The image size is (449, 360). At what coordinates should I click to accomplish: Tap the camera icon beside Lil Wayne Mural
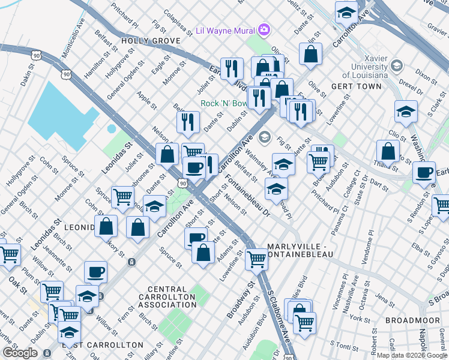[264, 29]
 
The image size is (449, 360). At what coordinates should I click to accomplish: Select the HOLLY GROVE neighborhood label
[150, 41]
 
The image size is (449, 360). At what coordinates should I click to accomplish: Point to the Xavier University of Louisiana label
[364, 67]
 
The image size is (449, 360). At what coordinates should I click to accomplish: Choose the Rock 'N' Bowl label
[223, 103]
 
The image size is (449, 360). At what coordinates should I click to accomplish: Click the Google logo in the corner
[20, 353]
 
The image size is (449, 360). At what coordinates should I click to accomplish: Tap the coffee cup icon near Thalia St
[424, 173]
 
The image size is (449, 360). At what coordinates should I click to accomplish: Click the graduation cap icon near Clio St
[406, 112]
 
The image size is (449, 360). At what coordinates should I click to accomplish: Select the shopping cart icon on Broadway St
[256, 259]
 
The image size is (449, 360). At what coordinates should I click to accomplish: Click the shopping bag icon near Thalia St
[388, 151]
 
